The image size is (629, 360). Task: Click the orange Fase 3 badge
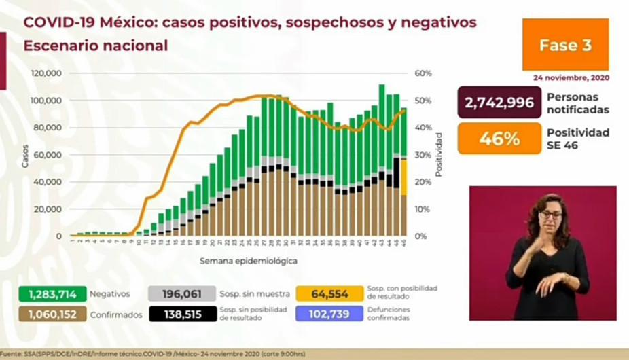pyautogui.click(x=565, y=45)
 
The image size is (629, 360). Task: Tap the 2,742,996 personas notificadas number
pyautogui.click(x=499, y=103)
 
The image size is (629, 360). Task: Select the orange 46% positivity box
pyautogui.click(x=499, y=139)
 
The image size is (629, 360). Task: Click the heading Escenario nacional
pyautogui.click(x=96, y=46)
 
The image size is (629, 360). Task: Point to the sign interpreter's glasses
pyautogui.click(x=551, y=215)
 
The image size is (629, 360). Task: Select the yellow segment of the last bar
pyautogui.click(x=403, y=177)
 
